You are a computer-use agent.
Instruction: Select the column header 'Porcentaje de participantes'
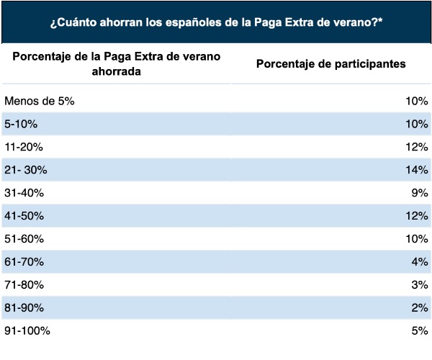click(x=330, y=63)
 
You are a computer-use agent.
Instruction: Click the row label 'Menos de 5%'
click(x=39, y=101)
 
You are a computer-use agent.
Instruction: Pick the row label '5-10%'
click(x=21, y=124)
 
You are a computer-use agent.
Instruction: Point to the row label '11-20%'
click(x=24, y=147)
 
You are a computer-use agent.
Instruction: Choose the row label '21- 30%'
click(x=25, y=170)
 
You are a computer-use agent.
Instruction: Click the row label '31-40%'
click(x=24, y=193)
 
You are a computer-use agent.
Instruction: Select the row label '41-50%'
click(x=24, y=216)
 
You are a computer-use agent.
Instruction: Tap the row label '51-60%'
click(x=24, y=238)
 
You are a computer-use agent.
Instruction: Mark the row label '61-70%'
click(x=24, y=261)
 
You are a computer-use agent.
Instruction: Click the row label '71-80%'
click(x=24, y=284)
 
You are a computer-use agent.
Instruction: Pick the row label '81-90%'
click(x=24, y=307)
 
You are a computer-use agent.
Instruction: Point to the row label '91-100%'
click(x=27, y=330)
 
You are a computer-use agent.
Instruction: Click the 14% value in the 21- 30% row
click(x=417, y=170)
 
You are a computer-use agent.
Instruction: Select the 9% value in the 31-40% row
click(x=420, y=193)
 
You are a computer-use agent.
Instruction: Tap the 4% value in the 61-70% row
click(x=420, y=261)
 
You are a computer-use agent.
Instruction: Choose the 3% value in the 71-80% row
click(x=420, y=284)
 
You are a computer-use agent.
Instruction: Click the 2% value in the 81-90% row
click(x=420, y=307)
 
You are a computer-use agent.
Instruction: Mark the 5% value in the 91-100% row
click(x=420, y=330)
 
